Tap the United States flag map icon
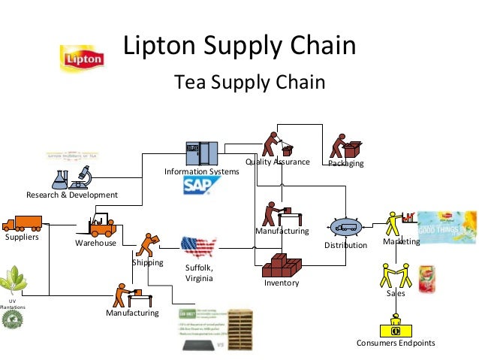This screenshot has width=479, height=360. point(198,246)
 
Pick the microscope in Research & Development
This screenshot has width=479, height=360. point(83,177)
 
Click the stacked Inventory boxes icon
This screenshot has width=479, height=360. point(282,265)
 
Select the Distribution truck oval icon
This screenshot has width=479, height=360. point(345,227)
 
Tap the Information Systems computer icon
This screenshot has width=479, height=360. point(202,154)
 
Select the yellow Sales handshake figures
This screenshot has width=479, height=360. point(396,275)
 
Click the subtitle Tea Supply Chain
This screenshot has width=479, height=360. point(249,81)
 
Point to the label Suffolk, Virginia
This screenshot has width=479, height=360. point(199,273)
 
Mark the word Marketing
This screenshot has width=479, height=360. point(401,242)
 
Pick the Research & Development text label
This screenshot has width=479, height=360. point(72,195)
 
